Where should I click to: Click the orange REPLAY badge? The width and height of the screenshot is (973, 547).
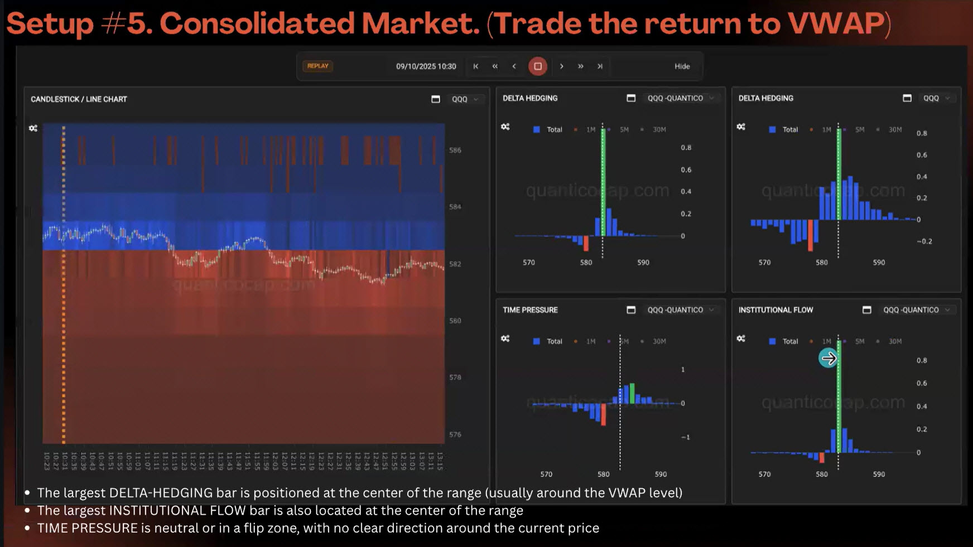coord(317,66)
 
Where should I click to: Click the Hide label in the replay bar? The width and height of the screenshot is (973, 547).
coord(682,66)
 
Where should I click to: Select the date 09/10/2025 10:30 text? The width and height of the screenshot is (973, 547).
coord(426,66)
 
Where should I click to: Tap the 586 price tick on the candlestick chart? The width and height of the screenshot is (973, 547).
coord(455,150)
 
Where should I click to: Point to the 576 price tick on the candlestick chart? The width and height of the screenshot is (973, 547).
coord(455,434)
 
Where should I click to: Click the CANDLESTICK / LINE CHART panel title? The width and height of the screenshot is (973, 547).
coord(79,99)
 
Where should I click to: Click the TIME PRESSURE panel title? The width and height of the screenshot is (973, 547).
coord(530,310)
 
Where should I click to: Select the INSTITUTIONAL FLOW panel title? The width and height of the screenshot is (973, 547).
coord(775,310)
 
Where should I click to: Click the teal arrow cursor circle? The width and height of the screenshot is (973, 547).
coord(828,358)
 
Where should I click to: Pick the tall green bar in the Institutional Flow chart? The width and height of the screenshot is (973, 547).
coord(839,401)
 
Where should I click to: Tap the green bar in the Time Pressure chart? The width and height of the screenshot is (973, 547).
coord(632,393)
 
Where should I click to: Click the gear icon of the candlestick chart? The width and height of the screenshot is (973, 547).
coord(33,128)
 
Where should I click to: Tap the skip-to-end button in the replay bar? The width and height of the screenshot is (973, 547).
coord(600,66)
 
